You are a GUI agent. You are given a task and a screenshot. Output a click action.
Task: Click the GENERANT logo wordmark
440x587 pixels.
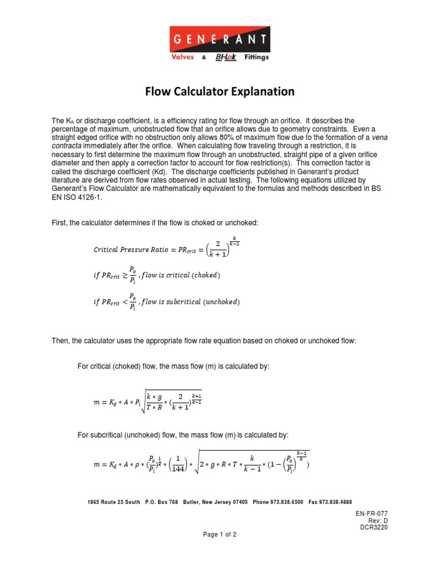pyautogui.click(x=220, y=40)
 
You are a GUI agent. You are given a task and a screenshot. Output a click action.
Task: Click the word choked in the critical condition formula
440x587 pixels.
pyautogui.click(x=205, y=275)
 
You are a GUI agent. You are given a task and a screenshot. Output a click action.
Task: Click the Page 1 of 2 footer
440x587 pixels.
pyautogui.click(x=220, y=534)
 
